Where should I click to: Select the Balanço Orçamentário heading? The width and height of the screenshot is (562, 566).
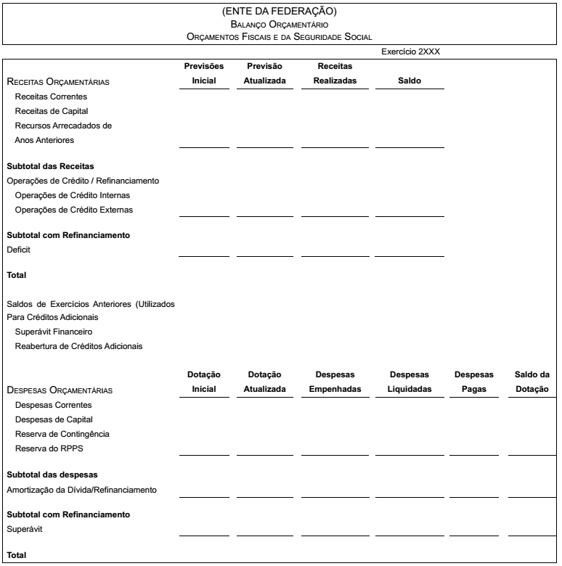[x=280, y=24]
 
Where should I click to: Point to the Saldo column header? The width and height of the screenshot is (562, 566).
[x=410, y=81]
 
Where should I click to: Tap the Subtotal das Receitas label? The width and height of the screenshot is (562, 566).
[x=50, y=166]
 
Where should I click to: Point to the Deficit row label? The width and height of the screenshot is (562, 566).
[x=19, y=250]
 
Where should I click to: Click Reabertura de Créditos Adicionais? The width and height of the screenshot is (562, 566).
[x=78, y=345]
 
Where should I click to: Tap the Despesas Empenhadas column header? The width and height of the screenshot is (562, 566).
[x=335, y=382]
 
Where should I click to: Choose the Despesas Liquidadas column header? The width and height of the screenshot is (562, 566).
[x=410, y=382]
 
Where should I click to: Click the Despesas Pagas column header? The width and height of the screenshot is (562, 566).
[x=473, y=382]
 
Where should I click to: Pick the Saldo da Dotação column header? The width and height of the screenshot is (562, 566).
[x=532, y=382]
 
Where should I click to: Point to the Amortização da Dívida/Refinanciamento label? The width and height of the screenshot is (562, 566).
[x=81, y=490]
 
